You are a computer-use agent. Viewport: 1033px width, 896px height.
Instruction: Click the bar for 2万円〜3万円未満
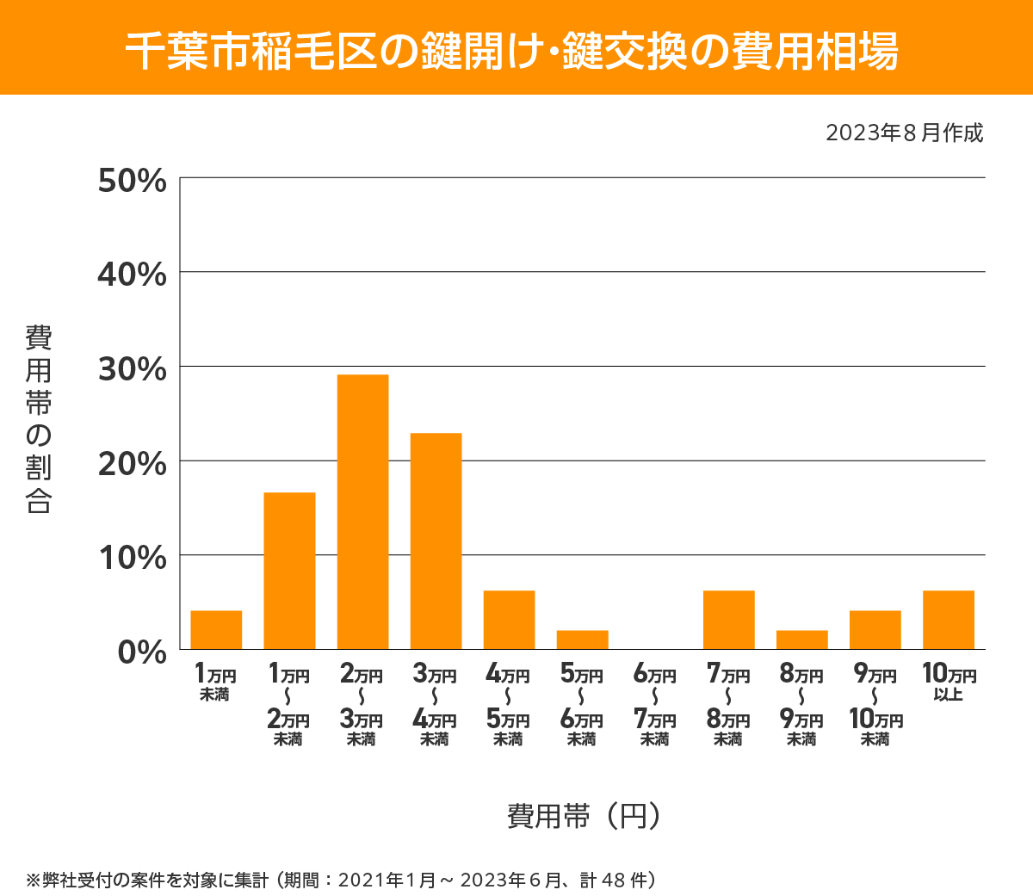362,511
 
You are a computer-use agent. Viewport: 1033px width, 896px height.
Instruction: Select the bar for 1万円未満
216,629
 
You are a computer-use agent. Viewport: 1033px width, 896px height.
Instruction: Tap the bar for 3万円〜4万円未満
436,541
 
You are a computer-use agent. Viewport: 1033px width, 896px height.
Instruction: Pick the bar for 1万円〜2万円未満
289,570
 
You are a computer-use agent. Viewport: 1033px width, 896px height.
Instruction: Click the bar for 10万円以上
948,620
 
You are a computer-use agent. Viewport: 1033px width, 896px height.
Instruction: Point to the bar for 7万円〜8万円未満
728,620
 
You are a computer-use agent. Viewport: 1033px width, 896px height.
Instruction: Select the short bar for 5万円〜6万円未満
582,640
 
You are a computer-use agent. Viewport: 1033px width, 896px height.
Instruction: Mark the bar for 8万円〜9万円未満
801,640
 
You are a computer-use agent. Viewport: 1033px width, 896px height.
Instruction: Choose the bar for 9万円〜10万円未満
875,629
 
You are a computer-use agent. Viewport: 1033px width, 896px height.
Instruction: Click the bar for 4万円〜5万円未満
509,620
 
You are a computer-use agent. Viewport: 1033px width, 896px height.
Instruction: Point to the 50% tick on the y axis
132,181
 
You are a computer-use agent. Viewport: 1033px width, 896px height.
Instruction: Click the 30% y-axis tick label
132,369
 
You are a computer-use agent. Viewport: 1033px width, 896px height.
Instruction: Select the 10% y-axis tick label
132,558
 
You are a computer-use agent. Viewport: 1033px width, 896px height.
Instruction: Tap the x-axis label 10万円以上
948,682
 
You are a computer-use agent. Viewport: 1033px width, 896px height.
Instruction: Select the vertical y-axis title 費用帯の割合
39,419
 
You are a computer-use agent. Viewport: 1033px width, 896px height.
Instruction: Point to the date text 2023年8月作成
904,133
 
